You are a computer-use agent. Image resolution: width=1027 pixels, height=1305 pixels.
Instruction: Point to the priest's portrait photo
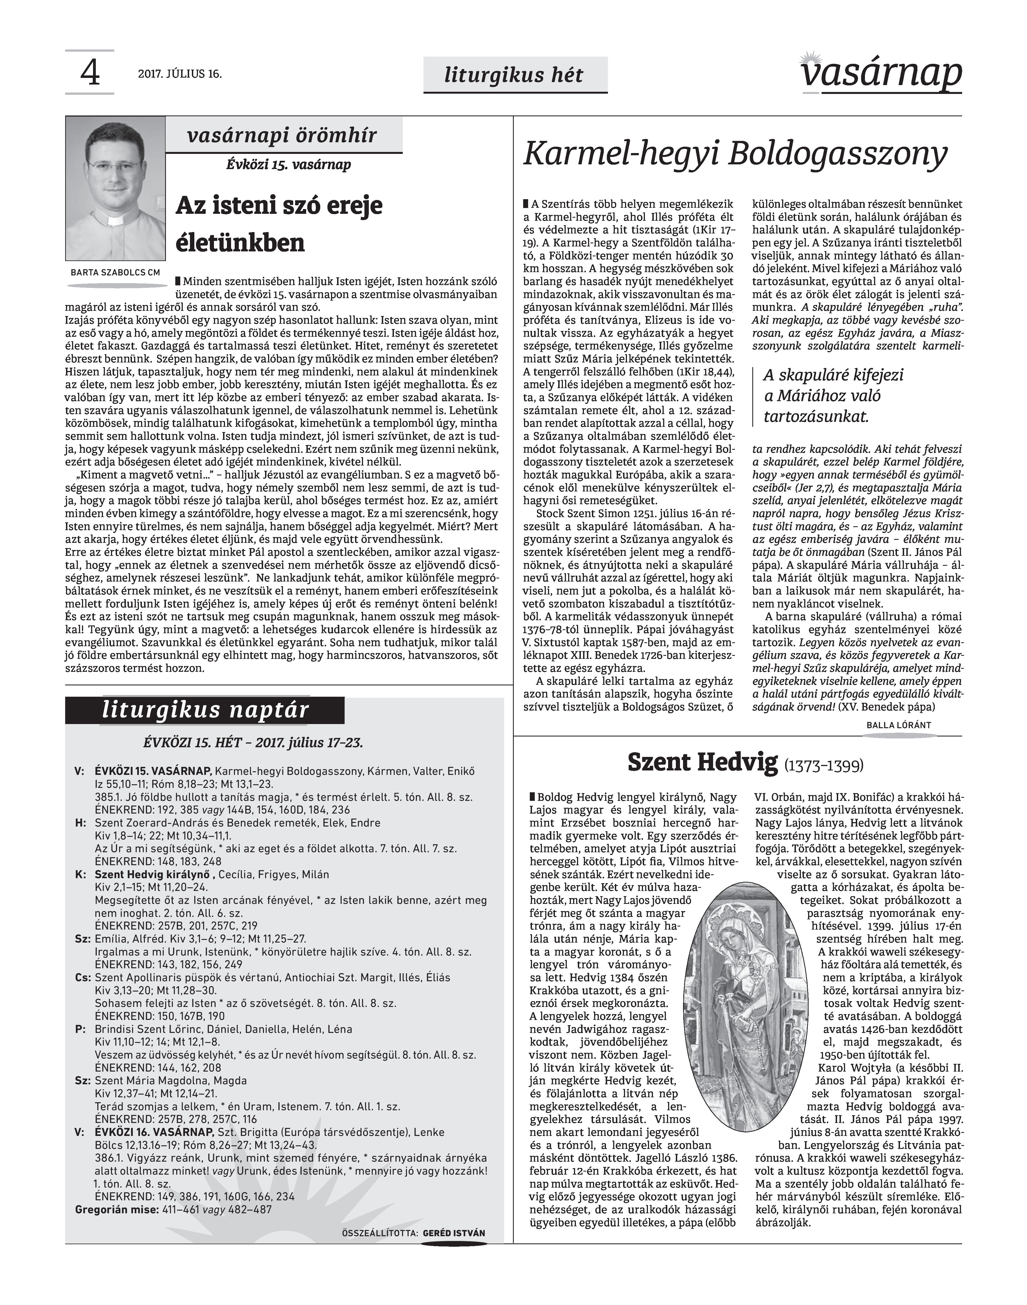pyautogui.click(x=115, y=188)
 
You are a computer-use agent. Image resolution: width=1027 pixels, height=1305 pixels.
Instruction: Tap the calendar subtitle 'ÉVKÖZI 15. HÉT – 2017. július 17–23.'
pyautogui.click(x=253, y=743)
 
